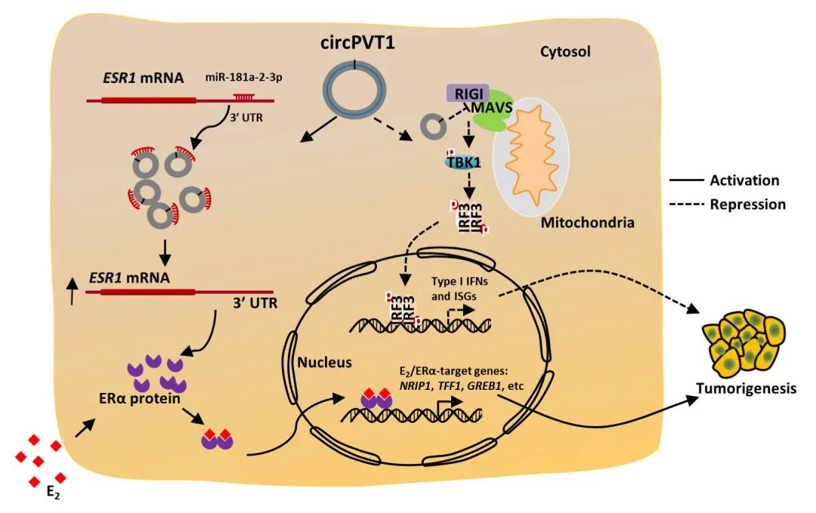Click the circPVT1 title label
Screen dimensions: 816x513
click(357, 42)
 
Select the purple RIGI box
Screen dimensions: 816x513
click(468, 94)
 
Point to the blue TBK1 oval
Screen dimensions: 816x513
click(462, 162)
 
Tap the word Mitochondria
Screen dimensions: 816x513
click(588, 223)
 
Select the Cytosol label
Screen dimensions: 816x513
click(565, 51)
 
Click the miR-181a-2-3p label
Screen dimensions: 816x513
click(244, 77)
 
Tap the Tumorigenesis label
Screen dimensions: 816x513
click(746, 388)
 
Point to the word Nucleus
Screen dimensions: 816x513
click(324, 362)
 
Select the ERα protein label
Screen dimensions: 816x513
click(140, 398)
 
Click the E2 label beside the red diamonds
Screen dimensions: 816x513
click(53, 491)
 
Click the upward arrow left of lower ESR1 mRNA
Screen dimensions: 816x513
click(73, 292)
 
